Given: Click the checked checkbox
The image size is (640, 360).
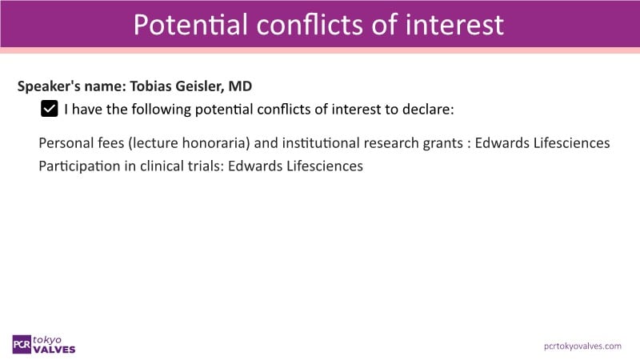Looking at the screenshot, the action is click(x=50, y=109).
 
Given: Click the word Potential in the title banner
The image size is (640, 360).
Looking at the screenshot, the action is click(x=190, y=25).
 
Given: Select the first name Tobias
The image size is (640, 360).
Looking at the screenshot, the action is click(x=150, y=86).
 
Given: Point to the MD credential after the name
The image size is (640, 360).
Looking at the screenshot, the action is click(x=240, y=86).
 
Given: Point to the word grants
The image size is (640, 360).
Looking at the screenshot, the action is click(x=443, y=144).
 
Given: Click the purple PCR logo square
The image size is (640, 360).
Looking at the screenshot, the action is click(x=22, y=345).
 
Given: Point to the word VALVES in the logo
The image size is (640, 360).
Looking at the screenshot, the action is click(x=54, y=350).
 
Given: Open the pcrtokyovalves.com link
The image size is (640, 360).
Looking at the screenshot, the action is click(x=582, y=346).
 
